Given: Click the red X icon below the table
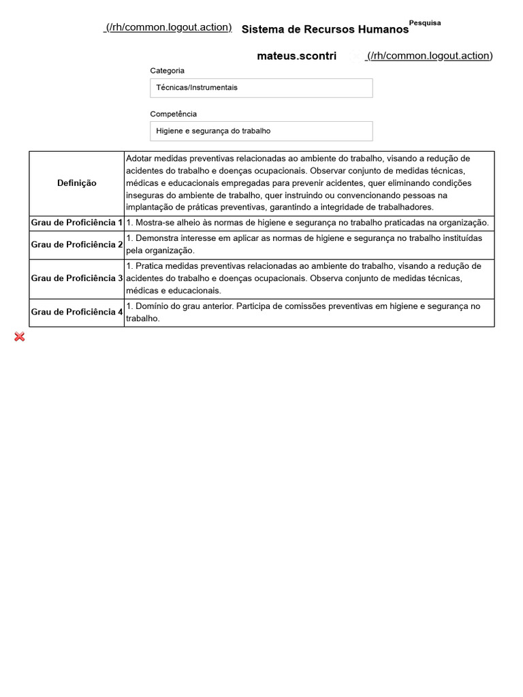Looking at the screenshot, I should (20, 337).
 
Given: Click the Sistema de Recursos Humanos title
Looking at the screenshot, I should (325, 30).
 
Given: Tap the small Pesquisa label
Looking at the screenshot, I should (425, 22).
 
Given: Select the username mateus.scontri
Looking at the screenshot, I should (296, 56).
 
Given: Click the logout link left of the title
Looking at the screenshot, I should (168, 27).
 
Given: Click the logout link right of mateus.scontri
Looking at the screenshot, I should (429, 56).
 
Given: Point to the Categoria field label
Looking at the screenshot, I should (167, 71).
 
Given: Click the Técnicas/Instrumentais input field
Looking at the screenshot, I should (261, 88).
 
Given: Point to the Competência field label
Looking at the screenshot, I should (173, 114).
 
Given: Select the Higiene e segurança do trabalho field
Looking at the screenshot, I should (261, 131).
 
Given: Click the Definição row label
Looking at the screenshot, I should (77, 183).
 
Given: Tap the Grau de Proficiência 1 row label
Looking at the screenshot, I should (77, 223).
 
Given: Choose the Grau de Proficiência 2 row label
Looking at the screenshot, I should (77, 244).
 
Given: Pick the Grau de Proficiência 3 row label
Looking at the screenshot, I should (77, 278).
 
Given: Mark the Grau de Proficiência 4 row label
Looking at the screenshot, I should (77, 312).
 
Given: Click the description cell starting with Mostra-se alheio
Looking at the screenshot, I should (308, 223).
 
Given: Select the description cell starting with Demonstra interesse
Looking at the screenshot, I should (308, 244).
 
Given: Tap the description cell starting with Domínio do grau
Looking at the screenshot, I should (308, 312).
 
